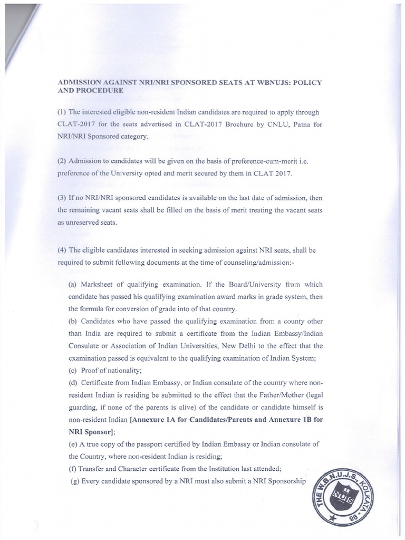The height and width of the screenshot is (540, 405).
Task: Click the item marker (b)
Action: (x=73, y=321)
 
